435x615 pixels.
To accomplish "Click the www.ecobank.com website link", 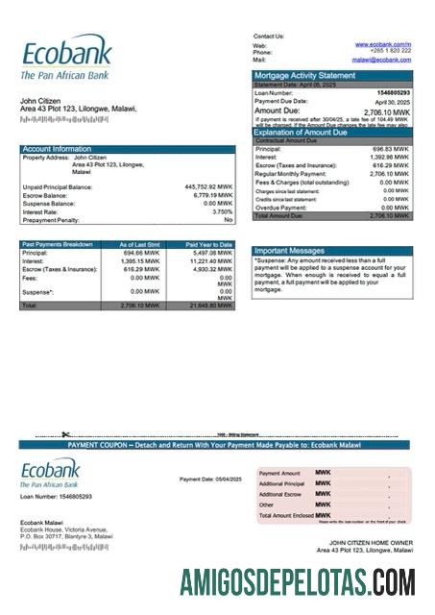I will pyautogui.click(x=382, y=44).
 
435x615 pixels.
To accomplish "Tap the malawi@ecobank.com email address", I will pyautogui.click(x=381, y=60).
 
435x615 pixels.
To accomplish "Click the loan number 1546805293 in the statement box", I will pyautogui.click(x=389, y=92).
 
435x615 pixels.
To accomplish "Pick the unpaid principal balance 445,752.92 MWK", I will pyautogui.click(x=208, y=186).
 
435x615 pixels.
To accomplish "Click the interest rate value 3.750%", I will pyautogui.click(x=222, y=211).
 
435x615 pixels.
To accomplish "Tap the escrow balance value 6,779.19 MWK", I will pyautogui.click(x=212, y=195).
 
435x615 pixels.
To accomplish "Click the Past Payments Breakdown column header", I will pyautogui.click(x=58, y=245).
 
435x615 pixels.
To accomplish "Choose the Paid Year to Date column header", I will pyautogui.click(x=208, y=245).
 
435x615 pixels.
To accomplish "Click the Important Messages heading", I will pyautogui.click(x=289, y=251).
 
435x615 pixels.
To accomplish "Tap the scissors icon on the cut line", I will pyautogui.click(x=66, y=435).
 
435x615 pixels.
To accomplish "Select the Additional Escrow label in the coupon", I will pyautogui.click(x=280, y=494).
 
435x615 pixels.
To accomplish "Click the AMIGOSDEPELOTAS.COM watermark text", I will pyautogui.click(x=299, y=581).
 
